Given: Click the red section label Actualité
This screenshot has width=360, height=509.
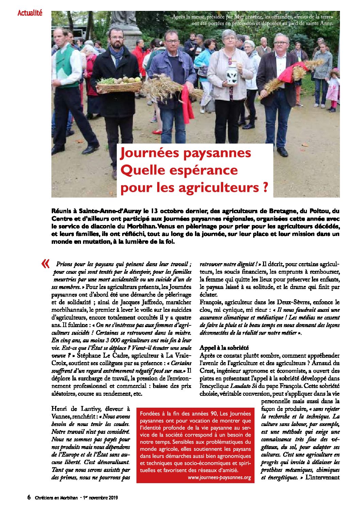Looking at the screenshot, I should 30,13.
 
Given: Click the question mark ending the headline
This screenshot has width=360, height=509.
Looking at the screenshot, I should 265,187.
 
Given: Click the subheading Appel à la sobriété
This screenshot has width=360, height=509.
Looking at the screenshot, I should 224,347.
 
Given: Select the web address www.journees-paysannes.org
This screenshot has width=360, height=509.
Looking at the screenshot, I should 219,477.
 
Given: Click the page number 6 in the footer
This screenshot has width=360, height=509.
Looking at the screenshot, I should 29,497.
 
